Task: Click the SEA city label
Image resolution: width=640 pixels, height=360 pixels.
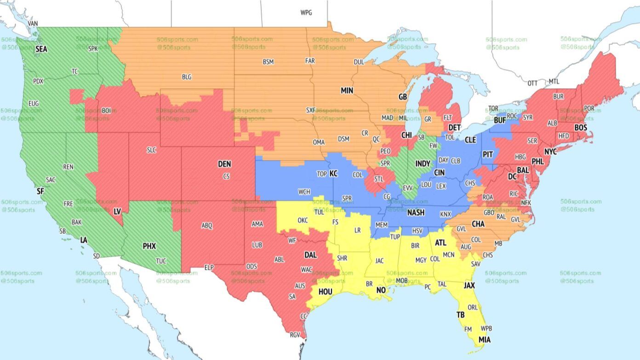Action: pos(41,48)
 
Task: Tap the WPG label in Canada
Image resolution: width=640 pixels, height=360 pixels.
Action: pos(306,12)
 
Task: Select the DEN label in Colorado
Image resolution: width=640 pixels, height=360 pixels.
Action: pos(224,164)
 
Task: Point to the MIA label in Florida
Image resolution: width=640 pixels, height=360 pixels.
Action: pos(485,340)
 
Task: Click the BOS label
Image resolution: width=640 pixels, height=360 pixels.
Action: pos(581,127)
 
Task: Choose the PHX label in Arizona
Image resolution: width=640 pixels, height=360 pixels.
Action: pos(149,246)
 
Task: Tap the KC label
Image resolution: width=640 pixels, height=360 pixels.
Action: pos(333,173)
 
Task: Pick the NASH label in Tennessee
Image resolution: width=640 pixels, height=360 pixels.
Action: pos(416,212)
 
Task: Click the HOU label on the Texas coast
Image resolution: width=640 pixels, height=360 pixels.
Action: pos(325,291)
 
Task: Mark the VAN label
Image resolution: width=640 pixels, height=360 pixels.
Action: pos(33,23)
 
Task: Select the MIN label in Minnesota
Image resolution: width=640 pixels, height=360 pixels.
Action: pos(347,91)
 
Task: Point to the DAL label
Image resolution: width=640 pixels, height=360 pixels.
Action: pos(310,254)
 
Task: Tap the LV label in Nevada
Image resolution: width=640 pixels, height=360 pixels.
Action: pos(117,211)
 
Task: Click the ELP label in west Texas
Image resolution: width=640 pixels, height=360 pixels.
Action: pos(209,267)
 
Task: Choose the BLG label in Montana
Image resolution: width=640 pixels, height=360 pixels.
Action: pos(186,77)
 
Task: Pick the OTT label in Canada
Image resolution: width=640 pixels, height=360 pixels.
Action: pos(532,83)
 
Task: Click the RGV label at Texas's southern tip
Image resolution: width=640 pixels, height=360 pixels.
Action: pos(295,335)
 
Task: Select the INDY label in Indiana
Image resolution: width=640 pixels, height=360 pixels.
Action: pos(423,164)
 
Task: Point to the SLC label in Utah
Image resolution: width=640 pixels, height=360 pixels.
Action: pos(152,150)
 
